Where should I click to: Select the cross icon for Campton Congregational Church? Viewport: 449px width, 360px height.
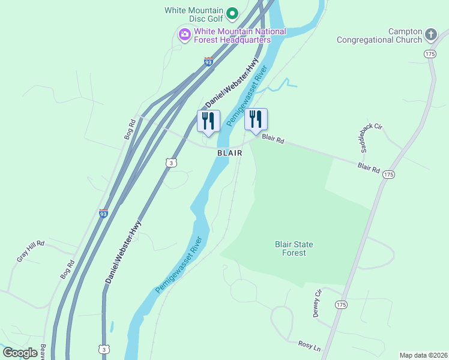click(430, 35)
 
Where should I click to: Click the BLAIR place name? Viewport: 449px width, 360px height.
click(230, 153)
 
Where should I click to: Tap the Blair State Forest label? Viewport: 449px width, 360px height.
click(294, 248)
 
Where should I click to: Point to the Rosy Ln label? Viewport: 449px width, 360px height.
click(309, 346)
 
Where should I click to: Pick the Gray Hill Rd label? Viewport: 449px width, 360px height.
click(31, 251)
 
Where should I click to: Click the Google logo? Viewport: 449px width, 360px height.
click(20, 353)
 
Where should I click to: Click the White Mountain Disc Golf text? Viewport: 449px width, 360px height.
click(194, 14)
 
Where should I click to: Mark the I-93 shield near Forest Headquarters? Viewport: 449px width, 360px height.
click(208, 62)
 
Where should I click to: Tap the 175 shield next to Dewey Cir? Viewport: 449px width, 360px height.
click(341, 305)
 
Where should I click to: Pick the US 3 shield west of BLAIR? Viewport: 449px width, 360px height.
click(171, 163)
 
